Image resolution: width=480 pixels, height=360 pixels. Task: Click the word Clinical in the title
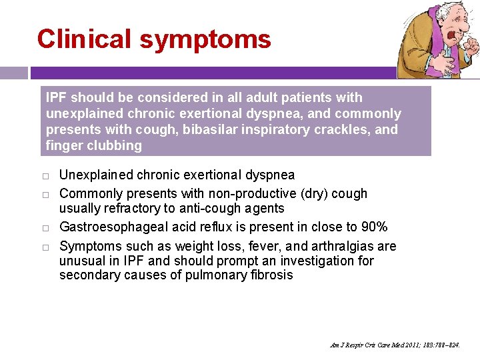click(x=85, y=39)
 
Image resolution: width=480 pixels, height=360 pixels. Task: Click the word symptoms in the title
click(x=205, y=40)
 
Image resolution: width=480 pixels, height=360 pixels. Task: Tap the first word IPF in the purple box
click(x=57, y=97)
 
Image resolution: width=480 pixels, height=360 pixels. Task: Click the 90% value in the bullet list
click(x=373, y=227)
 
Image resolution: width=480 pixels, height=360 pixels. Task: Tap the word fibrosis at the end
click(x=267, y=275)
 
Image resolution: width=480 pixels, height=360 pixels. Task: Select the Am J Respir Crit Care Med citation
click(x=395, y=345)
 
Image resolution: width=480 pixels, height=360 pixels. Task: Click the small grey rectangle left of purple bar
click(x=13, y=73)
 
